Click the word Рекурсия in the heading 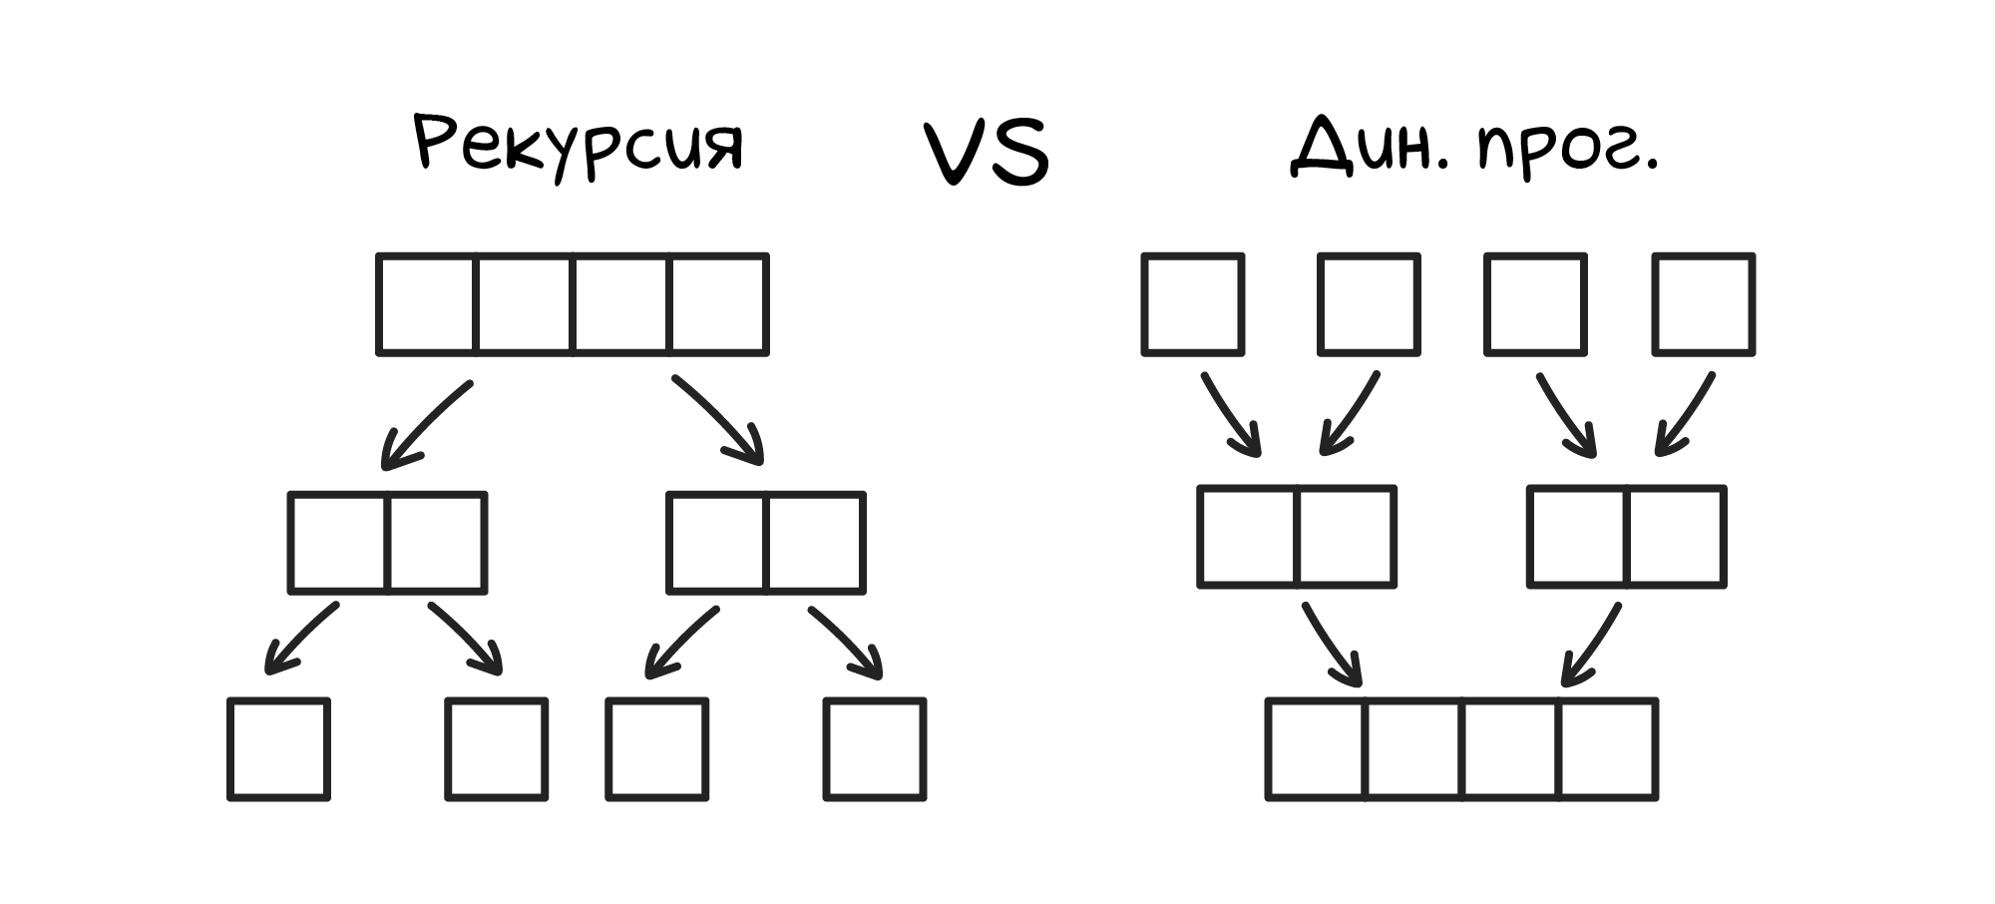(579, 147)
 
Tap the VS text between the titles (986, 154)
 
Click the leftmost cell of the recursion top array (427, 304)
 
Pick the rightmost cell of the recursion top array (718, 304)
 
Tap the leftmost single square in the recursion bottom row (278, 748)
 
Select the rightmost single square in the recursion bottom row (875, 748)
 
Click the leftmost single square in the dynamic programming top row (1193, 304)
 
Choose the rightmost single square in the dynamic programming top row (1703, 304)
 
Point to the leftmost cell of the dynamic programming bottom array (1317, 748)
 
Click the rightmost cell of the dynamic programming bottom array (1608, 748)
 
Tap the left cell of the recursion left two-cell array (339, 543)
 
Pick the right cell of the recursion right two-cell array (814, 543)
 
